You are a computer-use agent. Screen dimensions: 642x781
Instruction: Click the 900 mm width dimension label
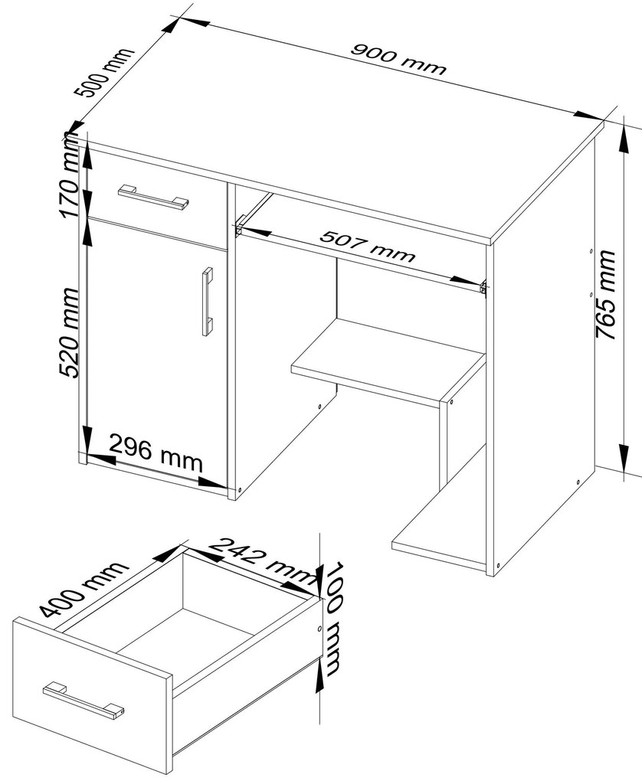398,59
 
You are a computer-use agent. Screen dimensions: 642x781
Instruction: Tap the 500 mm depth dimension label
104,72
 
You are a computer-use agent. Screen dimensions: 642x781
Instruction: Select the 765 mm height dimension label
606,295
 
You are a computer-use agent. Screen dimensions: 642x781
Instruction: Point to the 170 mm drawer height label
69,179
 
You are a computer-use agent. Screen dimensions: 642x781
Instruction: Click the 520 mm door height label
69,332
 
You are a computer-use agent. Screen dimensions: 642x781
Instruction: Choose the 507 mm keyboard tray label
368,246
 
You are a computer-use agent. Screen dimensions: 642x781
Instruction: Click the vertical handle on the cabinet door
207,302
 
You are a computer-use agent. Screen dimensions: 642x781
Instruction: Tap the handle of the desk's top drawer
153,196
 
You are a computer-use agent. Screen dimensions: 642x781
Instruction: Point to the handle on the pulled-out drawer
83,701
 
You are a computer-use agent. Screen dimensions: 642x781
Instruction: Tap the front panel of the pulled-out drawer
93,694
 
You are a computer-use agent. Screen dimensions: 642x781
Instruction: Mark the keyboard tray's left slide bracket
240,224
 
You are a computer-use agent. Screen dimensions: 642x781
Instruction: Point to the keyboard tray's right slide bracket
483,287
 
